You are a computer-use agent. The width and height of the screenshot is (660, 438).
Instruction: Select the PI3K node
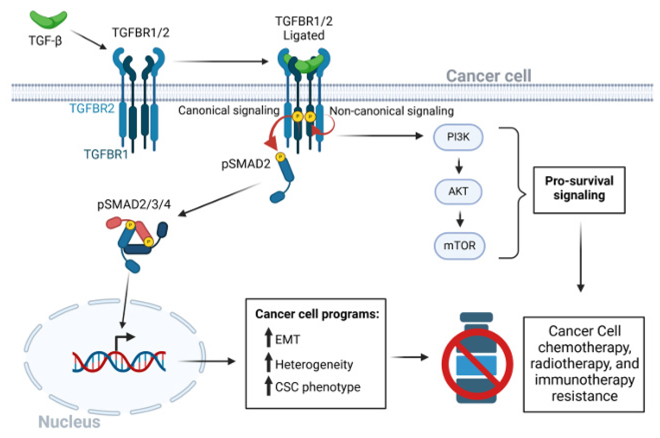pos(458,137)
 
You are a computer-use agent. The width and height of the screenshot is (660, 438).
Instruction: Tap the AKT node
pos(458,192)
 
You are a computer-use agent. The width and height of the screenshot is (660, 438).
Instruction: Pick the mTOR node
pos(459,246)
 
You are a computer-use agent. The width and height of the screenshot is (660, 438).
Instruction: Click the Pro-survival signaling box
pos(579,190)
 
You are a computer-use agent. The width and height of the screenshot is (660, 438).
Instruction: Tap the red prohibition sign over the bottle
pos(477,364)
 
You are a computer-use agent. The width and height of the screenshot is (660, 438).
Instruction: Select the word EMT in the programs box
pos(287,340)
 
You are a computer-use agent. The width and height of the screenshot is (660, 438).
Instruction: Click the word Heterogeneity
pos(314,364)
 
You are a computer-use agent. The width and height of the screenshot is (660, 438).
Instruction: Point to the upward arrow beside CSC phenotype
pos(268,386)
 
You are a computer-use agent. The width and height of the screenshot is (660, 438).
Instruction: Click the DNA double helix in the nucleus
pos(119,362)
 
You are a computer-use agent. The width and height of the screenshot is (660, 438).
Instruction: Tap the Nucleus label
pos(69,422)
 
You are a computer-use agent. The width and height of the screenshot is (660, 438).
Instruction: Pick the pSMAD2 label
pos(246,164)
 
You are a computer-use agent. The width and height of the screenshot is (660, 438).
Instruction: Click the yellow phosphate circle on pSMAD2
pos(280,157)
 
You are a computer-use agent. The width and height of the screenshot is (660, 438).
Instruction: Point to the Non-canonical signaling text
pos(391,111)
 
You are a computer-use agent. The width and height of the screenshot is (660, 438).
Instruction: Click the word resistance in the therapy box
pos(584,396)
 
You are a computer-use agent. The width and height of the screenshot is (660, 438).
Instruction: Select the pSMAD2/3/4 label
pos(134,205)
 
